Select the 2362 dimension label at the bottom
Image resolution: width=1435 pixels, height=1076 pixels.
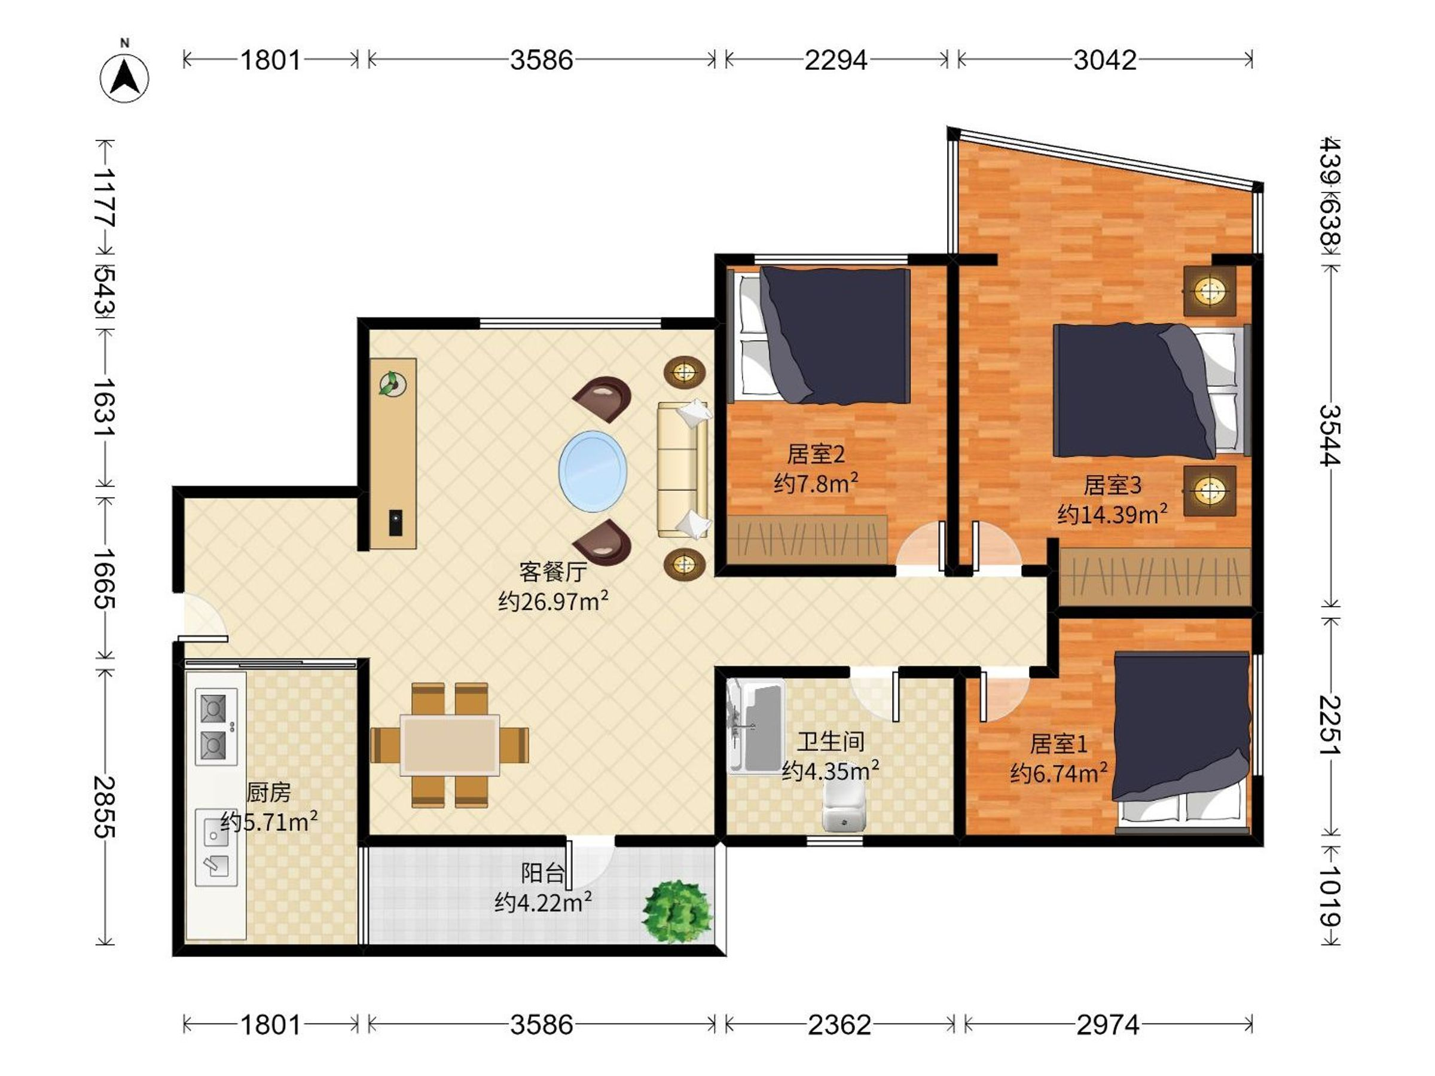click(839, 1025)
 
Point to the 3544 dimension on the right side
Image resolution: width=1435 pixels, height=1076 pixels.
click(1330, 435)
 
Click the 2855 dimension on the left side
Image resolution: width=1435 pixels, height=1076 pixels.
click(105, 807)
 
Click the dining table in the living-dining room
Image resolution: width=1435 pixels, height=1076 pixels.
click(449, 745)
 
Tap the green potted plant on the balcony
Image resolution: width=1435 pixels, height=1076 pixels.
click(677, 910)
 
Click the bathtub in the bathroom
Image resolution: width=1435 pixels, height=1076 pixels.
click(756, 726)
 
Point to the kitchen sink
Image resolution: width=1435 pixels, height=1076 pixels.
click(216, 848)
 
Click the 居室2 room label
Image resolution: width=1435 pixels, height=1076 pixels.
click(816, 454)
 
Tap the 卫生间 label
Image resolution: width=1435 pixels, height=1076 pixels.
click(831, 741)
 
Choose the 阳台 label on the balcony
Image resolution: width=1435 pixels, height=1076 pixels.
click(542, 873)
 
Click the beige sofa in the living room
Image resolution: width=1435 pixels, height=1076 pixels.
click(682, 470)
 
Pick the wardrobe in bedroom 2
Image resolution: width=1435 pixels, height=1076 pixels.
click(807, 540)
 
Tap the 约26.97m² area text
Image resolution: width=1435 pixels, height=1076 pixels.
click(552, 601)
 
